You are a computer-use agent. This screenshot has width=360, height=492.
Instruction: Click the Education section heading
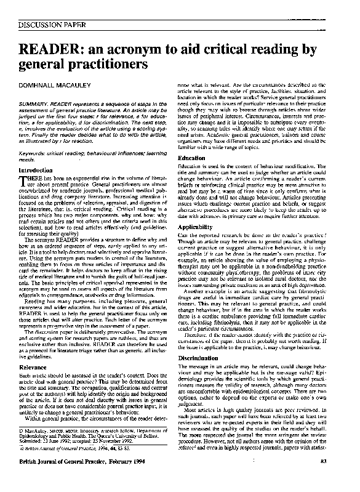pyautogui.click(x=191, y=158)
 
